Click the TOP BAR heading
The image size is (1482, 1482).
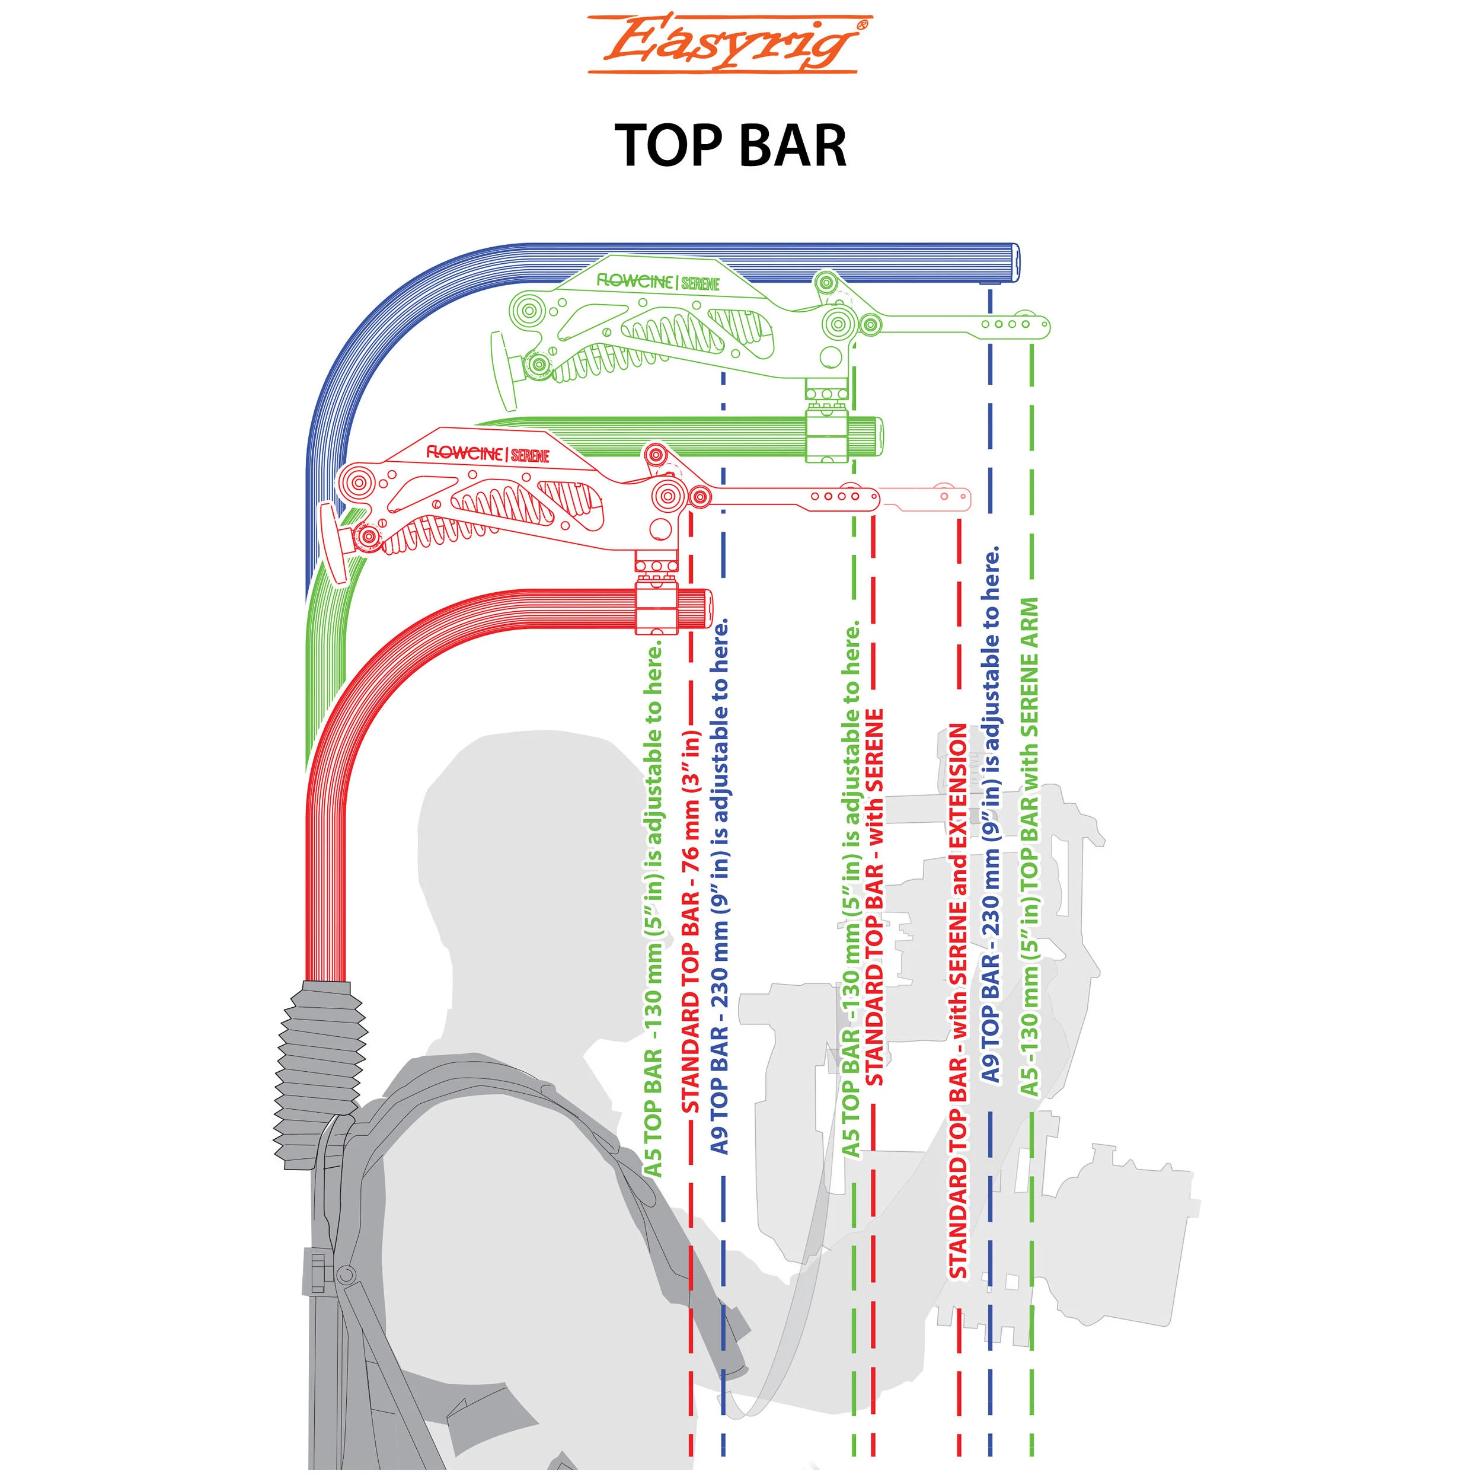click(x=731, y=145)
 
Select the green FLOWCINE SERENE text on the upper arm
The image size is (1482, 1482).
click(x=658, y=282)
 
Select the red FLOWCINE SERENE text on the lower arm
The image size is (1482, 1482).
click(x=488, y=453)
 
